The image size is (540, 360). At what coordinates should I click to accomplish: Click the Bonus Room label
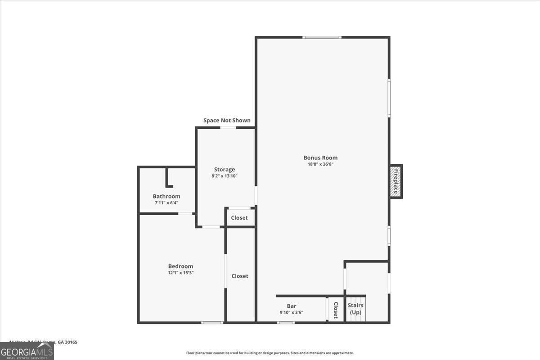(320, 157)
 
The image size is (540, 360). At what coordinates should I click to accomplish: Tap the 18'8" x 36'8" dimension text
(320, 164)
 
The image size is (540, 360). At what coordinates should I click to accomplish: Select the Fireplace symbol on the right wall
(396, 181)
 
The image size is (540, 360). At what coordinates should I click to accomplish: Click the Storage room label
(224, 170)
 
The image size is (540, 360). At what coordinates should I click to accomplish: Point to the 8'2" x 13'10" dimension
(224, 176)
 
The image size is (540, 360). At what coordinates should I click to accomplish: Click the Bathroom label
(166, 196)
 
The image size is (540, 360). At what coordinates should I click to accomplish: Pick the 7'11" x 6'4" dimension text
(166, 202)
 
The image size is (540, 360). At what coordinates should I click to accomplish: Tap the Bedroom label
(180, 266)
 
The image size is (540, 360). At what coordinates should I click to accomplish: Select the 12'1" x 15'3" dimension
(180, 273)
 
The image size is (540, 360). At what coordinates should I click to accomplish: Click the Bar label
(292, 306)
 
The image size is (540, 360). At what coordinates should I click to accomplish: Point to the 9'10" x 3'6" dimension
(292, 312)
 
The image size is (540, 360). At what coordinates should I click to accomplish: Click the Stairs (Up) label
(355, 309)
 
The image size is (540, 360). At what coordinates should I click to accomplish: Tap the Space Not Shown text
(227, 120)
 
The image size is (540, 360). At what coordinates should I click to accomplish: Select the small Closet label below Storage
(239, 218)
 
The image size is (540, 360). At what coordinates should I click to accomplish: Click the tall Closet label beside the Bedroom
(240, 276)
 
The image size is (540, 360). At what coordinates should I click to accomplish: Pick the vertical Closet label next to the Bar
(336, 310)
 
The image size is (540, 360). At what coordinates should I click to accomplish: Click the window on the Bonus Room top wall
(322, 37)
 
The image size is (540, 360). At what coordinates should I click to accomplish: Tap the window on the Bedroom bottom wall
(212, 322)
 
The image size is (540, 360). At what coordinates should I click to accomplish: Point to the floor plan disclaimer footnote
(270, 353)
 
